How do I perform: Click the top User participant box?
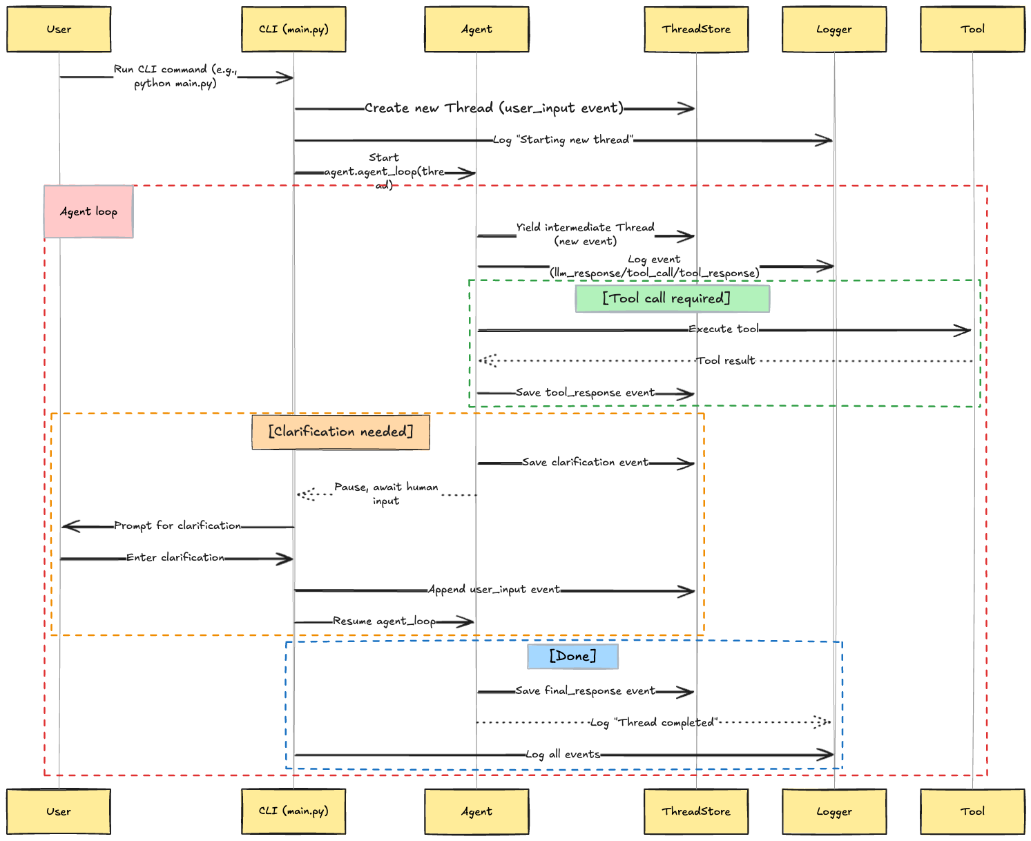pos(59,29)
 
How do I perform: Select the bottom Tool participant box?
pos(972,811)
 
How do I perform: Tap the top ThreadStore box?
pos(696,29)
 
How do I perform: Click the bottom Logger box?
pos(834,811)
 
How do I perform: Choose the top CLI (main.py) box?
pos(293,29)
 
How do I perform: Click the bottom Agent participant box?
pos(476,811)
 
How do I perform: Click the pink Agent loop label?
pos(88,211)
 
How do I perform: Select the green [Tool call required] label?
pos(672,298)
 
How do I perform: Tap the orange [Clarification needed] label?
pos(340,432)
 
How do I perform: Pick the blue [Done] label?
pos(572,656)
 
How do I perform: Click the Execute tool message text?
pos(723,329)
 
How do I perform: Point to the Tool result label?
pos(725,360)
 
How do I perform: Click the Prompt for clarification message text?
pos(177,525)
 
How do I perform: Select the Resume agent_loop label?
pos(384,621)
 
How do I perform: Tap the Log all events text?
pos(563,755)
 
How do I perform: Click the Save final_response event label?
pos(585,691)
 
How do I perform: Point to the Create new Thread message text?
pos(494,108)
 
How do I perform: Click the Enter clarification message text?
pos(175,558)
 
